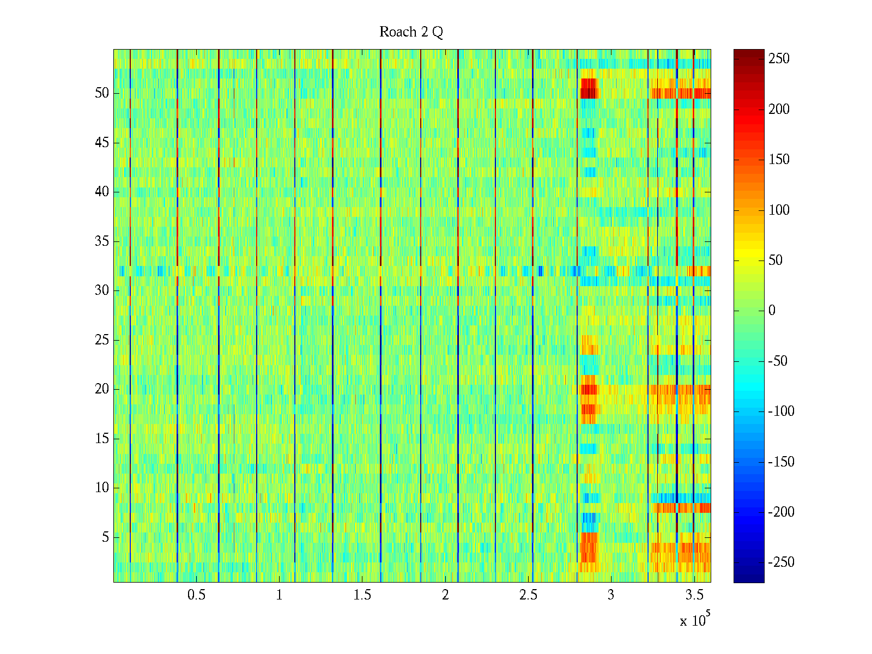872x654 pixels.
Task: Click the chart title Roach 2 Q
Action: pos(411,32)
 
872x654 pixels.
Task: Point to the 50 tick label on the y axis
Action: pos(102,93)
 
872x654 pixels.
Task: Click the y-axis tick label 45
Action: pos(102,143)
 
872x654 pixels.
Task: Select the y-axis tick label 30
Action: pos(102,290)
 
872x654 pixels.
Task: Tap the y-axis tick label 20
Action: pos(102,389)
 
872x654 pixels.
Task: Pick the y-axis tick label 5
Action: pos(105,537)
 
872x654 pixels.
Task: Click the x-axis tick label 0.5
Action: pos(196,595)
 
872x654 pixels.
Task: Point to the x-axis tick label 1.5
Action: pos(362,595)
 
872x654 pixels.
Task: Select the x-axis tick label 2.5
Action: pos(528,595)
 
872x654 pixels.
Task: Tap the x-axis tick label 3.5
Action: pos(694,595)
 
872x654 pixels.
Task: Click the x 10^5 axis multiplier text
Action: pos(695,620)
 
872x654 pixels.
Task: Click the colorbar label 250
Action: pos(779,59)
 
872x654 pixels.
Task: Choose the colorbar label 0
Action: pos(772,311)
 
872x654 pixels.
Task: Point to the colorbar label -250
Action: pos(781,562)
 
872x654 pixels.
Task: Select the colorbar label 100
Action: pos(779,210)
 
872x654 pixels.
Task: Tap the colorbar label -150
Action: pos(781,462)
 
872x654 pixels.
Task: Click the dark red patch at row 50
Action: pos(589,88)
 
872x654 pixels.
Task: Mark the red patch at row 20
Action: pos(589,389)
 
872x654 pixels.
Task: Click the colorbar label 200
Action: pos(779,109)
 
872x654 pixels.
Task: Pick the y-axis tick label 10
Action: pos(102,488)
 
